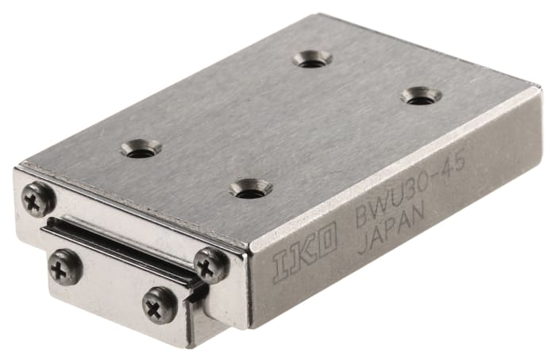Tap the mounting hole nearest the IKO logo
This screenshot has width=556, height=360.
pos(250,188)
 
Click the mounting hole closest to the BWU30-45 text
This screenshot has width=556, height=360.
pos(421,96)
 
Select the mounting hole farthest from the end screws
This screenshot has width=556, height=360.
pos(312,58)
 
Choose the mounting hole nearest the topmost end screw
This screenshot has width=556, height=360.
pos(141,148)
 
